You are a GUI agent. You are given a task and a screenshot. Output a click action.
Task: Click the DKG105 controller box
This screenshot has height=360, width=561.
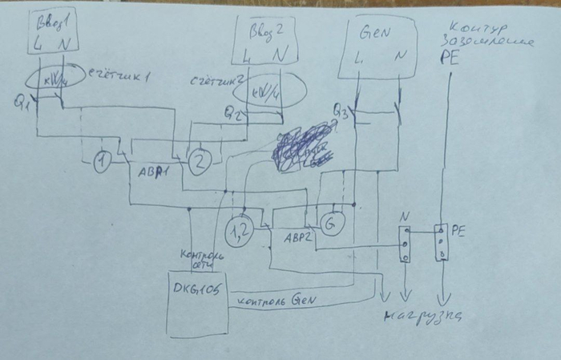[196, 301]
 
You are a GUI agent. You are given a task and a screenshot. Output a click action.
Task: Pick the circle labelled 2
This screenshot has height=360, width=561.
[199, 162]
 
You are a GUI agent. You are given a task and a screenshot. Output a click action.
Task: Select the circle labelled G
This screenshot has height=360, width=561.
[331, 222]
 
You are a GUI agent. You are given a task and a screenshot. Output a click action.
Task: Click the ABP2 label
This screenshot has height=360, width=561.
[289, 237]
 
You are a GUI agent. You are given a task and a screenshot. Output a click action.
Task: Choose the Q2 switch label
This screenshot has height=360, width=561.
[233, 112]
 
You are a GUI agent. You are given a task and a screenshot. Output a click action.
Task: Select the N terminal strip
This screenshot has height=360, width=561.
[406, 243]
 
